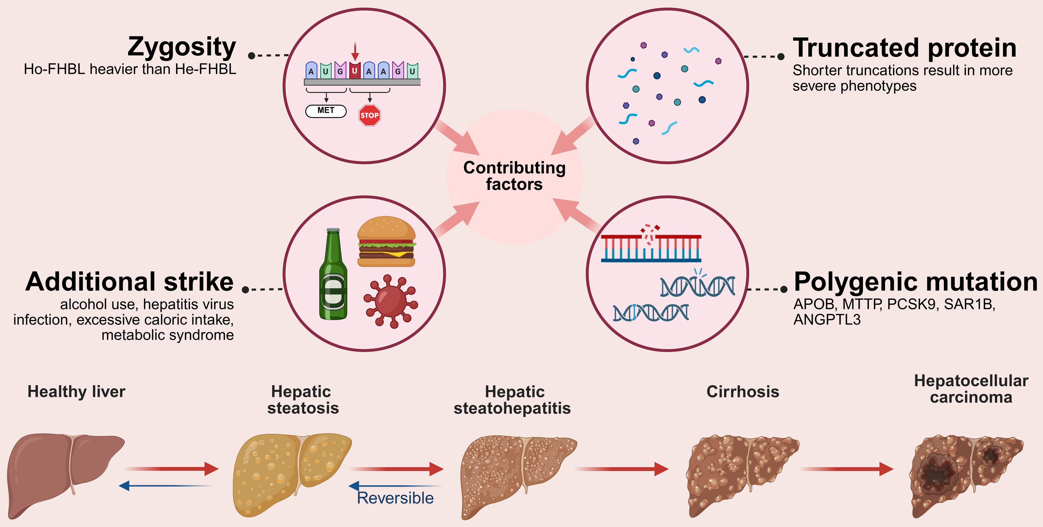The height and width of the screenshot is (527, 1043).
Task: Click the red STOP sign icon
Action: (x=369, y=115)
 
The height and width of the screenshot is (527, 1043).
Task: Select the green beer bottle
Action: (x=333, y=275)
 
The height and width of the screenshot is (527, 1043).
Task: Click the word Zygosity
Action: (x=182, y=47)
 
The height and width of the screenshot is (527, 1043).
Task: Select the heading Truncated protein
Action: (x=904, y=48)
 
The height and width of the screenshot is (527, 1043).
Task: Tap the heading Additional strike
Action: (x=130, y=282)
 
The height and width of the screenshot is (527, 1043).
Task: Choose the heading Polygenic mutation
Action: (x=915, y=282)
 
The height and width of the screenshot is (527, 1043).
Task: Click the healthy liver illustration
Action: (x=65, y=474)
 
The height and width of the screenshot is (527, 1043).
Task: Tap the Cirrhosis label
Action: (x=743, y=392)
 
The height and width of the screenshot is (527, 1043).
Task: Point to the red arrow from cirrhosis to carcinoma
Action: (x=846, y=469)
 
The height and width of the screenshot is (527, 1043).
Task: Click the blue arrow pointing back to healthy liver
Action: (x=166, y=485)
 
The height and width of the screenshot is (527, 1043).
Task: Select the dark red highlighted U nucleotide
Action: (x=355, y=70)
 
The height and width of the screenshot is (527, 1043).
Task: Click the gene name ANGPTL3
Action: (x=827, y=320)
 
